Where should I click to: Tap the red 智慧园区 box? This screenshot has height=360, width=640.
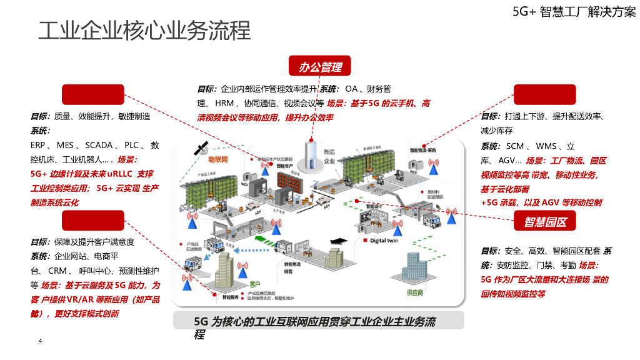tap(545, 221)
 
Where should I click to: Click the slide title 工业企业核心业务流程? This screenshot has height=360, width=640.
tap(144, 31)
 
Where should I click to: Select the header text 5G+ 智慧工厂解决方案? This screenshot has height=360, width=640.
tap(574, 11)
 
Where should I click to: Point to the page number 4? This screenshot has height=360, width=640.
tap(40, 341)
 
